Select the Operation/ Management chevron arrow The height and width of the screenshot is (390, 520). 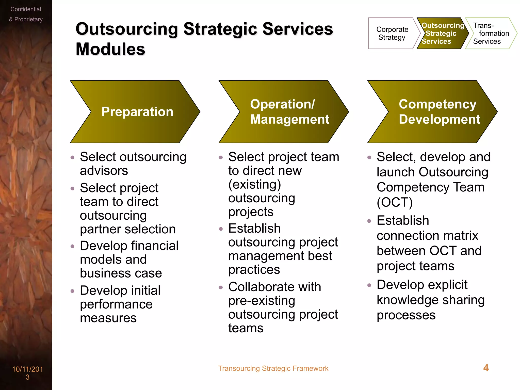(x=284, y=112)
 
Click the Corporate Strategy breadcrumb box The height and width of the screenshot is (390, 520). (x=392, y=33)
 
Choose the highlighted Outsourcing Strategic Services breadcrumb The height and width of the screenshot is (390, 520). (x=442, y=33)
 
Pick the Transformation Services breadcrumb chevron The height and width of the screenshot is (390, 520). (x=490, y=33)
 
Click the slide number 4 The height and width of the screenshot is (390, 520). (x=486, y=368)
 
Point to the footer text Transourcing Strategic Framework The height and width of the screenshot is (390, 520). (x=273, y=368)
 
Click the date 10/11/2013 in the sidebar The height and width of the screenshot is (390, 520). (x=27, y=373)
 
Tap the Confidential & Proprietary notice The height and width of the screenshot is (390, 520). (x=26, y=14)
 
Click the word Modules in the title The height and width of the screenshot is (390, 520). (x=110, y=49)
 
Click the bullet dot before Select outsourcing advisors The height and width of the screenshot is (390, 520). (x=72, y=157)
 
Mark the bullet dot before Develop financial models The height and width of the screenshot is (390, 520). (x=72, y=246)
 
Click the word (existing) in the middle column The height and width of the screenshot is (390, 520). (x=254, y=184)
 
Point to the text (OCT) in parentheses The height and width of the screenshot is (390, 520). (x=395, y=202)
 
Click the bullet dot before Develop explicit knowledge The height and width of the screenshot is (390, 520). (x=369, y=285)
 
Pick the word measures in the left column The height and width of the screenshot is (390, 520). (x=108, y=318)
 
